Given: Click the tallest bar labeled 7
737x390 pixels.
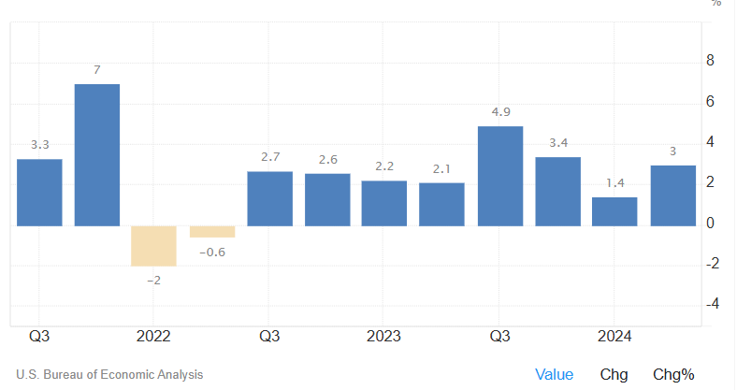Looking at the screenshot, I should tap(97, 155).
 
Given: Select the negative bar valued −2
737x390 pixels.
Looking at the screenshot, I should tap(154, 246).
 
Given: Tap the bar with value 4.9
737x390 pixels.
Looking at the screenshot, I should tap(500, 176).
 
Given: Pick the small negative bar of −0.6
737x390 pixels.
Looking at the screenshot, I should tap(212, 232).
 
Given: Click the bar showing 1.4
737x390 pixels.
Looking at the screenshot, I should tap(614, 211).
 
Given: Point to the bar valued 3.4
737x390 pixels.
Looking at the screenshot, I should tap(558, 192).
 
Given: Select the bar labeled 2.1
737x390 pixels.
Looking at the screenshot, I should tap(442, 204).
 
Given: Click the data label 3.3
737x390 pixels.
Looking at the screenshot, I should tap(39, 145).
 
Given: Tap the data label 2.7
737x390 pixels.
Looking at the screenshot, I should tap(269, 156).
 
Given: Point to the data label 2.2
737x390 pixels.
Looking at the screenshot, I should tap(384, 166).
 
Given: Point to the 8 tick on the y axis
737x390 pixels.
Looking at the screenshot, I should tap(710, 61).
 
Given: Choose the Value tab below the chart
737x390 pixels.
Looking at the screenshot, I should tap(554, 374).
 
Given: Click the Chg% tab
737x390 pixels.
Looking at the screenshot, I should tap(673, 374).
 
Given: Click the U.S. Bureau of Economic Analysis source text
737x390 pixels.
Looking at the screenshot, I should tap(109, 375).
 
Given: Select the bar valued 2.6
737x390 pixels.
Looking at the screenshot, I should tap(327, 200).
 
